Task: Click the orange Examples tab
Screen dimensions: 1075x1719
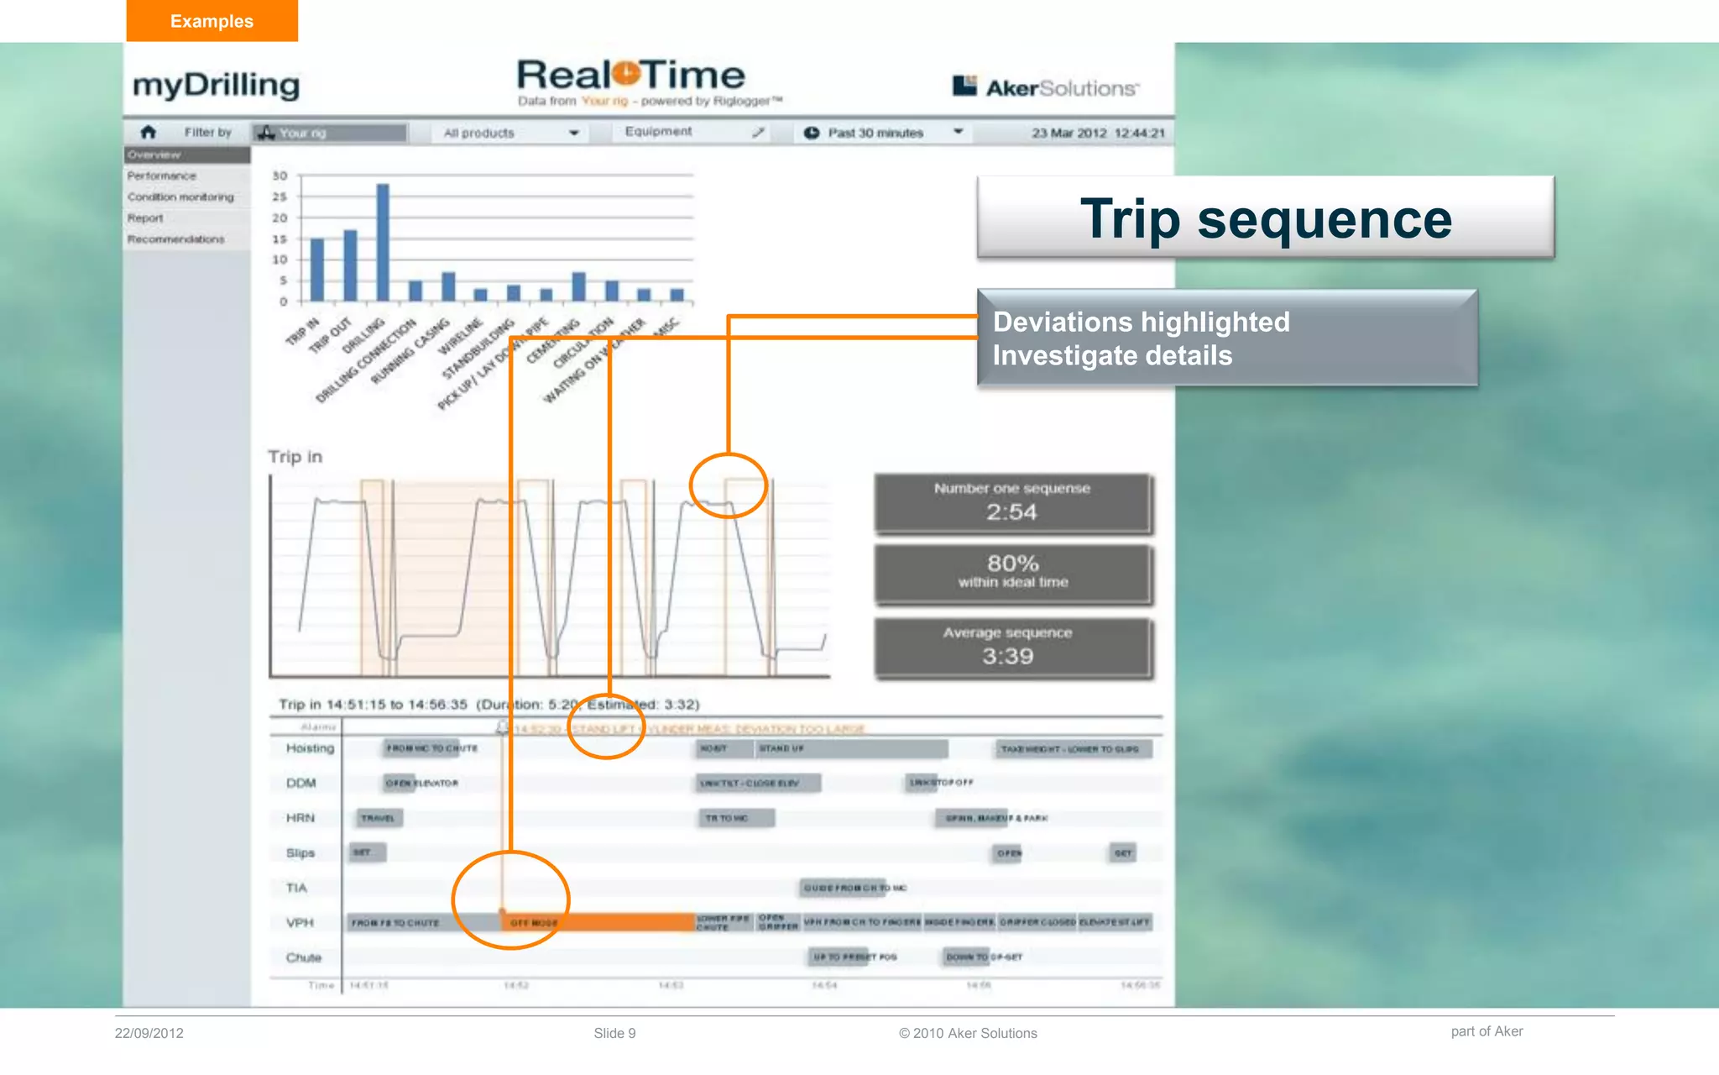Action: [212, 21]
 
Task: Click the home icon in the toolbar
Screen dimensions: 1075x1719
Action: [149, 132]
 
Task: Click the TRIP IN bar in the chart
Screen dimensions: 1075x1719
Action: [317, 270]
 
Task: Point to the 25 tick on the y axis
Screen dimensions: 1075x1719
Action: [280, 197]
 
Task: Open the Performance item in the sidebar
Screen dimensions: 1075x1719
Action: [162, 176]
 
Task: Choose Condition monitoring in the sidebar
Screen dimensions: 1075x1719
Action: [180, 197]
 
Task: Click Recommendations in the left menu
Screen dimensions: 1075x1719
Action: [176, 239]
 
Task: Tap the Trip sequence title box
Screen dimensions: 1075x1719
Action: [1265, 218]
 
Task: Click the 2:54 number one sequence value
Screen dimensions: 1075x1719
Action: [1011, 511]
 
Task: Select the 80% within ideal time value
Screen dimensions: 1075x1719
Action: [1012, 564]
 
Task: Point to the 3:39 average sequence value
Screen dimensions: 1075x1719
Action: [1007, 656]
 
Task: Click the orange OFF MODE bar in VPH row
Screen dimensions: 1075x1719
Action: [600, 922]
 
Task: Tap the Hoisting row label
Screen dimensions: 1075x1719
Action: [310, 748]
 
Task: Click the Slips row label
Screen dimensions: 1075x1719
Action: [300, 852]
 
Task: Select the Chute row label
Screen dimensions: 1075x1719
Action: [303, 957]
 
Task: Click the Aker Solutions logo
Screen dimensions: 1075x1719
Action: [1045, 87]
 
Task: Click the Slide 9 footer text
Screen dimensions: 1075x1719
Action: [614, 1033]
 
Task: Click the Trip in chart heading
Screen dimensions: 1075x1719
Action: [295, 457]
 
